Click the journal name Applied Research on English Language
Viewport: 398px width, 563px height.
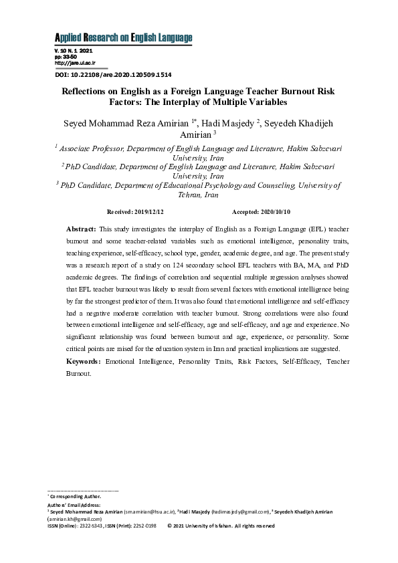[122, 37]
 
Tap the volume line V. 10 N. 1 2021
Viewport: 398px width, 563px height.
[73, 51]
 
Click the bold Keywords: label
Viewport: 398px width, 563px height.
[84, 361]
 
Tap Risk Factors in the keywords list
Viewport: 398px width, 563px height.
[243, 361]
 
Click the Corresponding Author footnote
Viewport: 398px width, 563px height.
[76, 497]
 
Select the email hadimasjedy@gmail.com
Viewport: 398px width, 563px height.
[243, 512]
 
